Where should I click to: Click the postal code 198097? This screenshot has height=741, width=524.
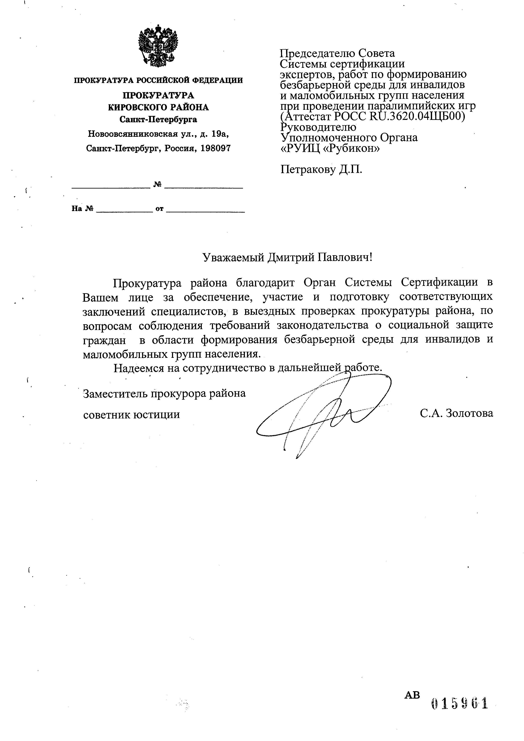point(216,148)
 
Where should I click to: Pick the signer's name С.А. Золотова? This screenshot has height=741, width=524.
point(456,413)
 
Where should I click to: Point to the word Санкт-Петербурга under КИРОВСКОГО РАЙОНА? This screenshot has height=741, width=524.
point(158,119)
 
